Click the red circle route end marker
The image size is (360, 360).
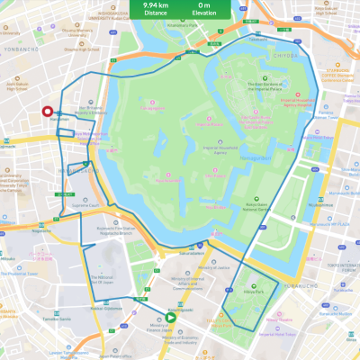click(48, 112)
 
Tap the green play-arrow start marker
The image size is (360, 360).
click(170, 317)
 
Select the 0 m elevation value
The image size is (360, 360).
click(205, 4)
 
